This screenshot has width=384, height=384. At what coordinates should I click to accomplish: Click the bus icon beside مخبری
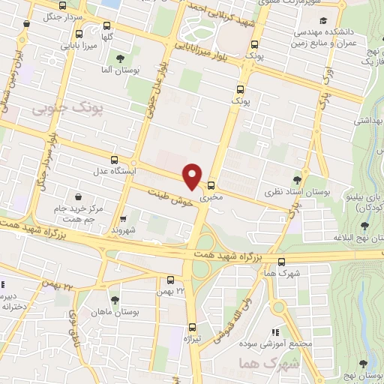pyautogui.click(x=211, y=185)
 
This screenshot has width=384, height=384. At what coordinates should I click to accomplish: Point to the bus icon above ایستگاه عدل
pyautogui.click(x=114, y=159)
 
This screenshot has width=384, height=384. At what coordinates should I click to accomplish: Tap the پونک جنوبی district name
pyautogui.click(x=54, y=110)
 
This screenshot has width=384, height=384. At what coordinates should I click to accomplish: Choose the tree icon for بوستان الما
pyautogui.click(x=120, y=58)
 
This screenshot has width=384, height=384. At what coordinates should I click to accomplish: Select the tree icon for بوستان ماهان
pyautogui.click(x=114, y=299)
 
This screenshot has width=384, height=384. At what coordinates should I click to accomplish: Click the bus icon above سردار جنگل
pyautogui.click(x=26, y=23)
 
